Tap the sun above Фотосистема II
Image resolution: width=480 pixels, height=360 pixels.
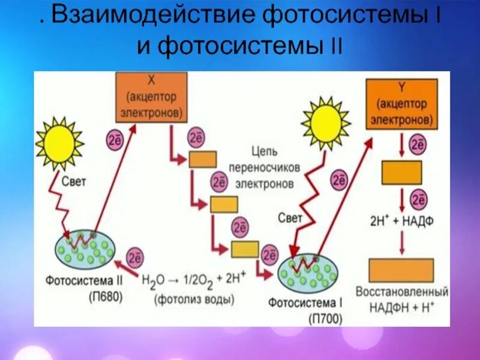coord(59,144)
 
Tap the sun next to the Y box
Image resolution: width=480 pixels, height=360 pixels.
coord(326,124)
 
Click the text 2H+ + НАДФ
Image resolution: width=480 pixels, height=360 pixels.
coord(402,221)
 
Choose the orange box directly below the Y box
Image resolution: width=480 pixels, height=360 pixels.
coord(402,173)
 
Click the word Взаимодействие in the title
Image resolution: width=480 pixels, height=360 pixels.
coord(150,17)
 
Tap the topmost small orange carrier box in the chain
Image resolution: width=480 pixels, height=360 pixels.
coord(203,159)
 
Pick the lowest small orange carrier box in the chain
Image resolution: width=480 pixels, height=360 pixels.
coord(245,249)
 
